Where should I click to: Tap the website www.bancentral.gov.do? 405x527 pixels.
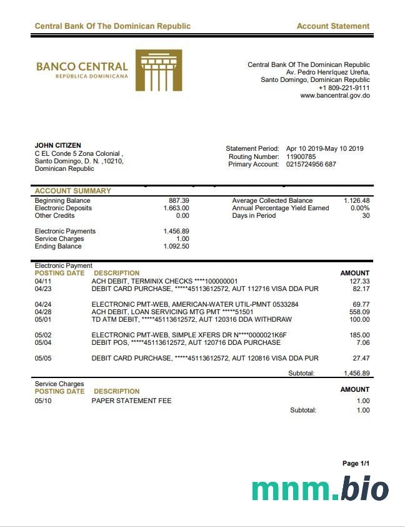334,96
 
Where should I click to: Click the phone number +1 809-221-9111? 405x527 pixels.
344,88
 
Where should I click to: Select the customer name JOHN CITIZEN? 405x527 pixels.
57,146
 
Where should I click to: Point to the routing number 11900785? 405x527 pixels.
301,156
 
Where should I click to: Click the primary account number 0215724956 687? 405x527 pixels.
311,164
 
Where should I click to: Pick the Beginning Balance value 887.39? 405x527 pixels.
179,200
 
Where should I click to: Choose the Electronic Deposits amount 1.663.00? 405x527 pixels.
176,208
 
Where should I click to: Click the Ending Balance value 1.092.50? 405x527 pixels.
176,247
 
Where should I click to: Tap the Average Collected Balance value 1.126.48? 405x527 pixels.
356,200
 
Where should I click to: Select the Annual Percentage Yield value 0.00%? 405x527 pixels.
360,208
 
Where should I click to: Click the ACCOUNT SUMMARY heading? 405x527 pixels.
72,191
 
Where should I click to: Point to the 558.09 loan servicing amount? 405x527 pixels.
359,312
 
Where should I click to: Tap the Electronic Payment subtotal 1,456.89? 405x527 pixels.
356,373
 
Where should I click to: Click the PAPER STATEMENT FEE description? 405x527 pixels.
131,401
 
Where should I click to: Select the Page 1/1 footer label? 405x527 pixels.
356,463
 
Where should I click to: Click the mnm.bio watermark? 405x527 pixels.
320,489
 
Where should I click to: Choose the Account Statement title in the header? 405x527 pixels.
332,26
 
